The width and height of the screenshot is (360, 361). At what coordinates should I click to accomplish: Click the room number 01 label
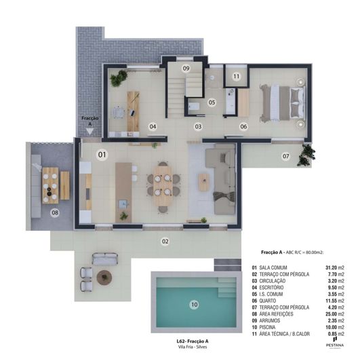102,155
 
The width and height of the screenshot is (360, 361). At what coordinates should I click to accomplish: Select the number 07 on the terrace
285,157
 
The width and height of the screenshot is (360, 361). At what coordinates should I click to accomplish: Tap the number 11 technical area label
236,77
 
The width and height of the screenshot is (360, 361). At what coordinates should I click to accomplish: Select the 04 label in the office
153,126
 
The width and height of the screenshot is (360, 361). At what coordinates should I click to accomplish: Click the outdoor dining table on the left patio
50,185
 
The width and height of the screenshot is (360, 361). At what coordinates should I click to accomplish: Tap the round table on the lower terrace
104,277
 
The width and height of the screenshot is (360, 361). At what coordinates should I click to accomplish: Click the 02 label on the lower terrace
165,241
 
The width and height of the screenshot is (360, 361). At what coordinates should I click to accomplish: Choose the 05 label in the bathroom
212,102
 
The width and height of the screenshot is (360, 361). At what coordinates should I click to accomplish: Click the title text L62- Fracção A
193,341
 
